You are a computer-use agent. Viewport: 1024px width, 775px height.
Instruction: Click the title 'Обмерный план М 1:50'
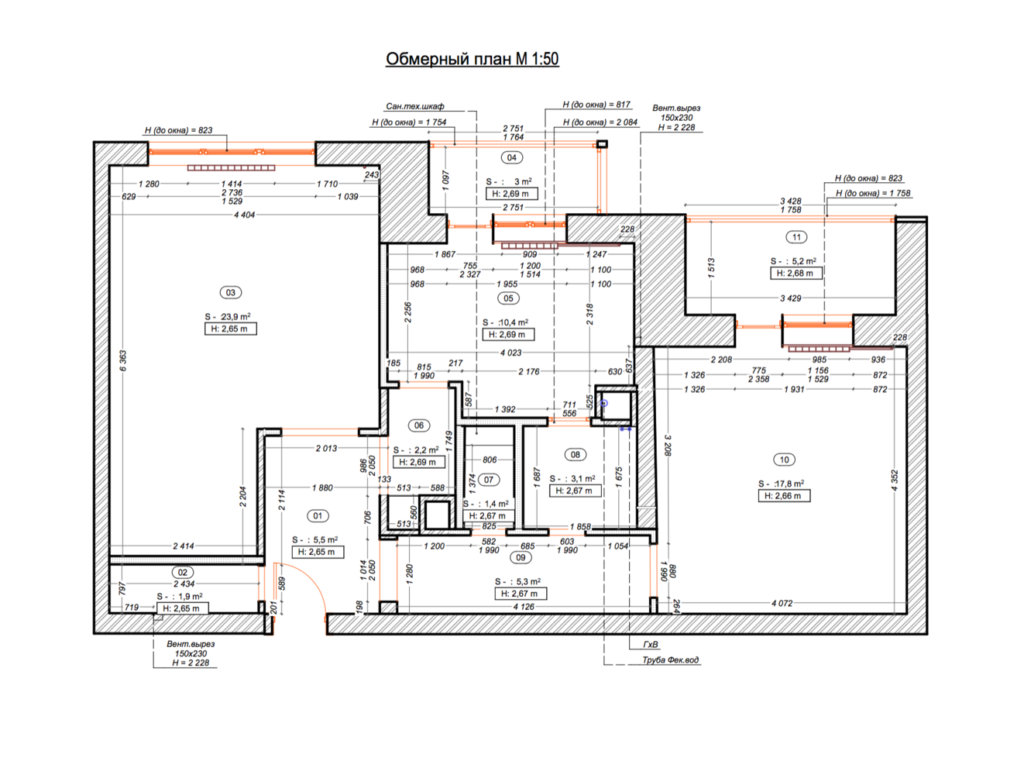click(x=472, y=59)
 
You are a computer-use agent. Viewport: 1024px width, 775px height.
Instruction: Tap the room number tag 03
click(x=231, y=292)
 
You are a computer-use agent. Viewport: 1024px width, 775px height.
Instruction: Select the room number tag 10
click(x=784, y=460)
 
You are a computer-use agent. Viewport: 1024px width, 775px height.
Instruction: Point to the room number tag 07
click(x=489, y=480)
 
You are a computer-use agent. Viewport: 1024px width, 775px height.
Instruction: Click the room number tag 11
click(x=796, y=237)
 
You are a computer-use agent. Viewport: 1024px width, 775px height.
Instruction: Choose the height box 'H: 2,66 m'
click(x=784, y=496)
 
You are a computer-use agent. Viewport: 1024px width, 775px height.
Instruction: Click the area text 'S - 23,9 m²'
click(x=228, y=317)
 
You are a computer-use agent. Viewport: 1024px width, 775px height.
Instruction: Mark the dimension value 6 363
click(x=122, y=360)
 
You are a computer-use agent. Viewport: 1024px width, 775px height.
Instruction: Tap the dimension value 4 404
click(x=245, y=215)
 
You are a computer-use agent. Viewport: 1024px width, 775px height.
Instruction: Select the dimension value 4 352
click(x=894, y=480)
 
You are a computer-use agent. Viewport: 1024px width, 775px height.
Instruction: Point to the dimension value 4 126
click(x=524, y=607)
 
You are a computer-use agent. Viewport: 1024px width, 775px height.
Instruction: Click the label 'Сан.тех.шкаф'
click(x=414, y=106)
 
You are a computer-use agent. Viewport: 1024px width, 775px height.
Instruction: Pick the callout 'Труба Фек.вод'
click(x=670, y=660)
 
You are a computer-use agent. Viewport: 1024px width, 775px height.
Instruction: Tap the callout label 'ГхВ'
click(x=651, y=644)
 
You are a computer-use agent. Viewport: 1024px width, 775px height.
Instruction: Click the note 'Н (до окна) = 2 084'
click(x=600, y=122)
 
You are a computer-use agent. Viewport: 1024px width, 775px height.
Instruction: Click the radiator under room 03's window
click(x=231, y=167)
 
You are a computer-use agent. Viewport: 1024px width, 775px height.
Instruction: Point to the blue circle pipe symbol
click(x=604, y=403)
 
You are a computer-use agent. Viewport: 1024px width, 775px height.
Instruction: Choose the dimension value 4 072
click(x=782, y=603)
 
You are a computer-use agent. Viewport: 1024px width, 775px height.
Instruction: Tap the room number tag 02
click(x=182, y=573)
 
